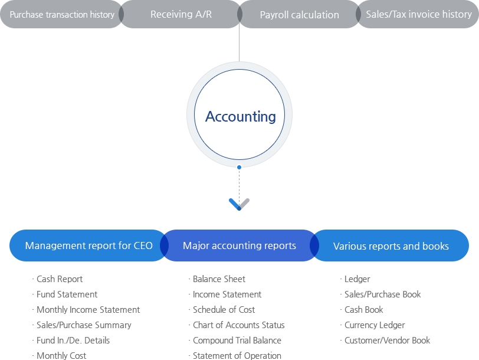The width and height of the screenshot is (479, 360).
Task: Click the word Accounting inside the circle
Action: [240, 116]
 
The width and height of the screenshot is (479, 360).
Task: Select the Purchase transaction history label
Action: [62, 14]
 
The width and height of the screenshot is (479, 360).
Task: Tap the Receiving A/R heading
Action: [181, 14]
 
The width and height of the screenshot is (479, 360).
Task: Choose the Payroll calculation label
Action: [299, 15]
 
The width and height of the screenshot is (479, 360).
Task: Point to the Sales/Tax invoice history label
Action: [419, 14]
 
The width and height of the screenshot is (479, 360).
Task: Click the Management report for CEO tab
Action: [88, 246]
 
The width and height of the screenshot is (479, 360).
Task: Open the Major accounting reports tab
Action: [239, 246]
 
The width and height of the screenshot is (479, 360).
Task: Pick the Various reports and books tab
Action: [391, 246]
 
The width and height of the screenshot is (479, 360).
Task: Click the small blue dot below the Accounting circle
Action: [239, 168]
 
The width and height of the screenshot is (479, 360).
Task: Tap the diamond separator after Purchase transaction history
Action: [121, 14]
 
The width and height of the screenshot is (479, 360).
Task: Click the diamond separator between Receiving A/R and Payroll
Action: [239, 14]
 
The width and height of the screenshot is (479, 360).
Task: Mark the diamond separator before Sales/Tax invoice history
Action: [358, 14]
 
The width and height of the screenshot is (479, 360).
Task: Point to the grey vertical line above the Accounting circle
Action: [239, 44]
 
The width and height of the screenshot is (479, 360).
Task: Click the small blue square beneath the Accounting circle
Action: [234, 204]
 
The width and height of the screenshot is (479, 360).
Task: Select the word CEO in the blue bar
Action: [143, 246]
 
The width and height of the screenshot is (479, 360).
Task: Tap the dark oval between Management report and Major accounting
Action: [165, 246]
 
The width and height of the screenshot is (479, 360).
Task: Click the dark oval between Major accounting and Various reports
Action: [314, 246]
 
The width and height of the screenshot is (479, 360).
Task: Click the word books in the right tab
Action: [435, 246]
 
